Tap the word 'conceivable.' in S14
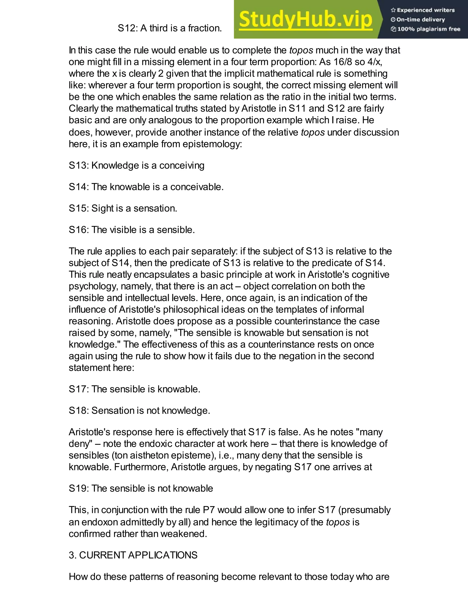197,187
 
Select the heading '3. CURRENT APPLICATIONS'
133,555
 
